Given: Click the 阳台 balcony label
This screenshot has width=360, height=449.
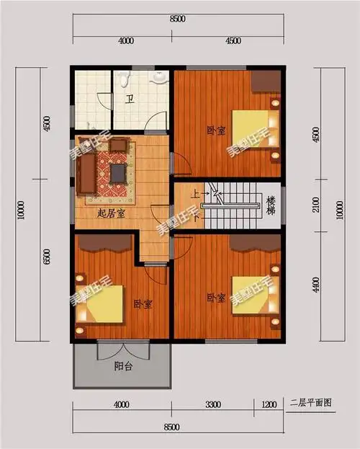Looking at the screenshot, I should [x=124, y=365].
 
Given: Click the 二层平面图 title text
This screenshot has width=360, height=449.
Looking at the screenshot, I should [x=310, y=401].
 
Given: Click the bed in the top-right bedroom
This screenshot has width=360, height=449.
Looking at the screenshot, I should [x=253, y=128].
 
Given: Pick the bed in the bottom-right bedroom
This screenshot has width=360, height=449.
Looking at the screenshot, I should [x=253, y=297].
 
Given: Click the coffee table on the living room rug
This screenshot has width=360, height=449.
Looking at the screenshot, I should [x=117, y=172].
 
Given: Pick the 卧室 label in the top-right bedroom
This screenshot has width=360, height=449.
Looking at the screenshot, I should [x=215, y=130].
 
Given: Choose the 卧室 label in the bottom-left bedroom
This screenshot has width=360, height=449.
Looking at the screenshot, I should [x=143, y=305].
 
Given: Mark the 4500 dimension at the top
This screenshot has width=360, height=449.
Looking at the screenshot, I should [x=233, y=40].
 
